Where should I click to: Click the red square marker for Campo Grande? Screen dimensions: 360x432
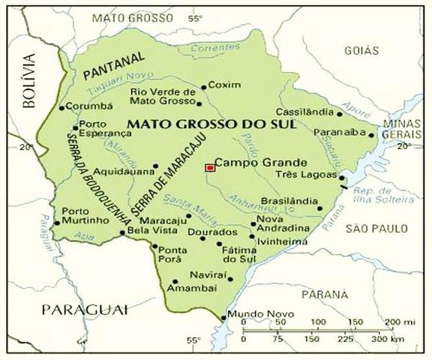pos(209,168)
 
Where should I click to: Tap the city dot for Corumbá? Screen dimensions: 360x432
pos(62,107)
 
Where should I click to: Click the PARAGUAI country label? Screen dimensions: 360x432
pos(85,308)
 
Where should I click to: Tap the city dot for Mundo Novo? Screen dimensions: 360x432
pos(223,318)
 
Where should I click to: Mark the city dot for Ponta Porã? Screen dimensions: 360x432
pos(155,247)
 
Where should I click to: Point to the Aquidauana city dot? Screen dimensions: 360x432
pos(156,166)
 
